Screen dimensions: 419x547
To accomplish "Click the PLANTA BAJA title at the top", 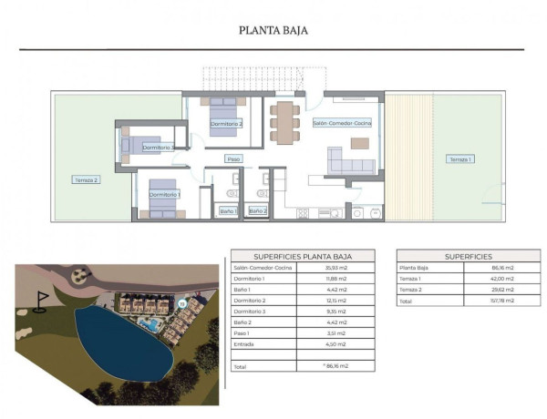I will pos(273,29).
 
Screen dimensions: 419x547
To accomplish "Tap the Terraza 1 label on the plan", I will pos(459,159).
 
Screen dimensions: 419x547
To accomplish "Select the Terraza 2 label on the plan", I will pos(86,180).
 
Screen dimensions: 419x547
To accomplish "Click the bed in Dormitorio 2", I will pos(224,115).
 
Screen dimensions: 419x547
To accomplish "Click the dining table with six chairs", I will pos(284,121).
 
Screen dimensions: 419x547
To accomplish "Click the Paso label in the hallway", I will pos(234,159).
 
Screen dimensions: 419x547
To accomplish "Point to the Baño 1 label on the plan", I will pos(228,211).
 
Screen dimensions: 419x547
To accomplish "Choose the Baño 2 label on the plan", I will pos(258,211).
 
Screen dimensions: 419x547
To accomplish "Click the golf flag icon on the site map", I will pos(40,301).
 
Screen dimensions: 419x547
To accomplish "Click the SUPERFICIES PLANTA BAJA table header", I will pos(302,257).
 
